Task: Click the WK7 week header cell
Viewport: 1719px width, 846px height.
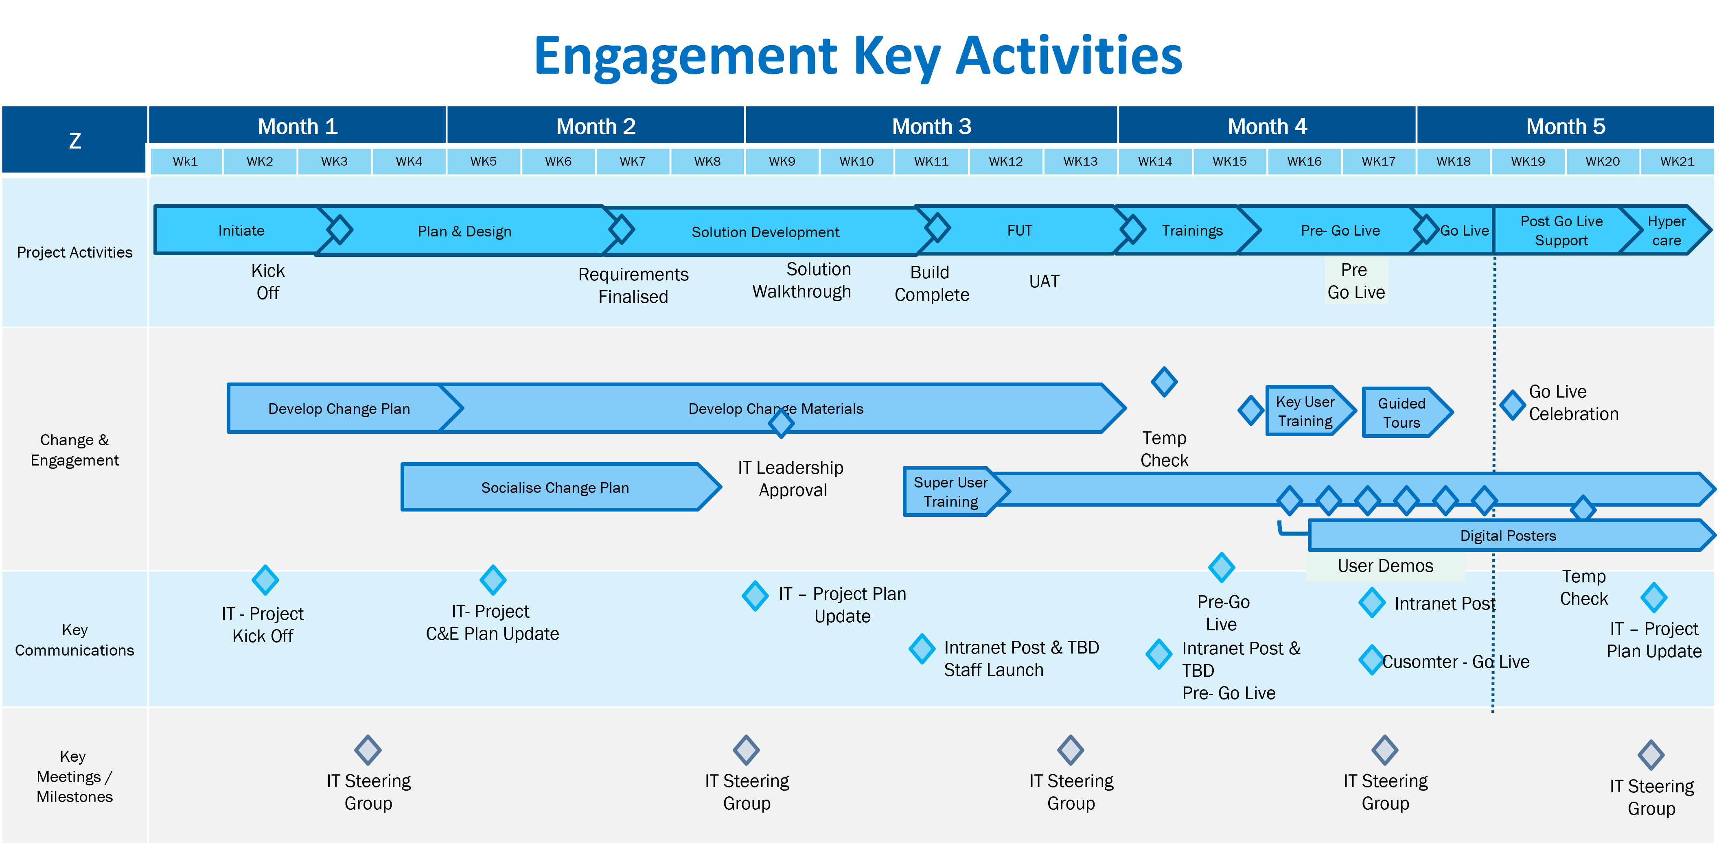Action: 633,162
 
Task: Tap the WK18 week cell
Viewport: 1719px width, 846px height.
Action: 1454,162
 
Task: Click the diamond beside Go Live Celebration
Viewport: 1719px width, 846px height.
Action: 1513,404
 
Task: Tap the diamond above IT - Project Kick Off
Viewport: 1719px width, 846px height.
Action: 265,580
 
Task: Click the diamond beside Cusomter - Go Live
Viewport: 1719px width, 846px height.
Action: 1371,660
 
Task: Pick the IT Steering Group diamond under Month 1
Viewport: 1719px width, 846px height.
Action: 368,750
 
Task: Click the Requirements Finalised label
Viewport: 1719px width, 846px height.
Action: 633,285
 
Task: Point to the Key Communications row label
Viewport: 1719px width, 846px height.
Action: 75,640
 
